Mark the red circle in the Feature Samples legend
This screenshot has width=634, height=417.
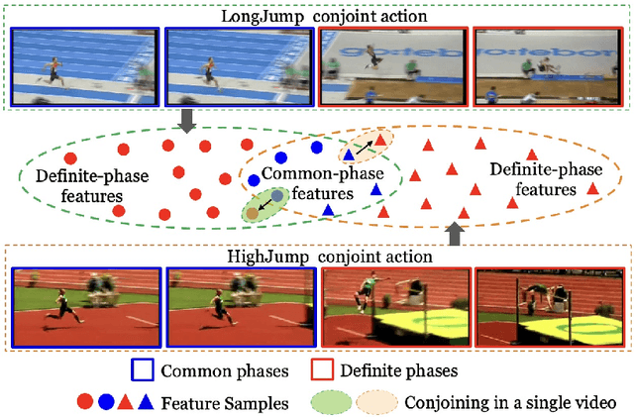coord(84,402)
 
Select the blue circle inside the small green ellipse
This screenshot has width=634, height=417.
coord(278,196)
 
